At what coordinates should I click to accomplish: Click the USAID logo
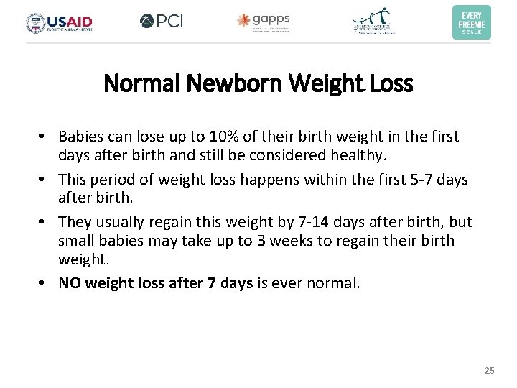point(60,23)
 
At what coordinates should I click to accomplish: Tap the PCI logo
point(162,22)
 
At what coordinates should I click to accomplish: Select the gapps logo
point(264,22)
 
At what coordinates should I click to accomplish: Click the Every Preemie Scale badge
point(472,22)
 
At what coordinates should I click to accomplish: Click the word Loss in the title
point(393,84)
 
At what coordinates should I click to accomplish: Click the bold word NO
point(70,282)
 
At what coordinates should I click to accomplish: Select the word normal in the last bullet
point(335,282)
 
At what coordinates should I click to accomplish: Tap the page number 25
point(490,371)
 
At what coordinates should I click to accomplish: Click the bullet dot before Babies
point(44,137)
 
